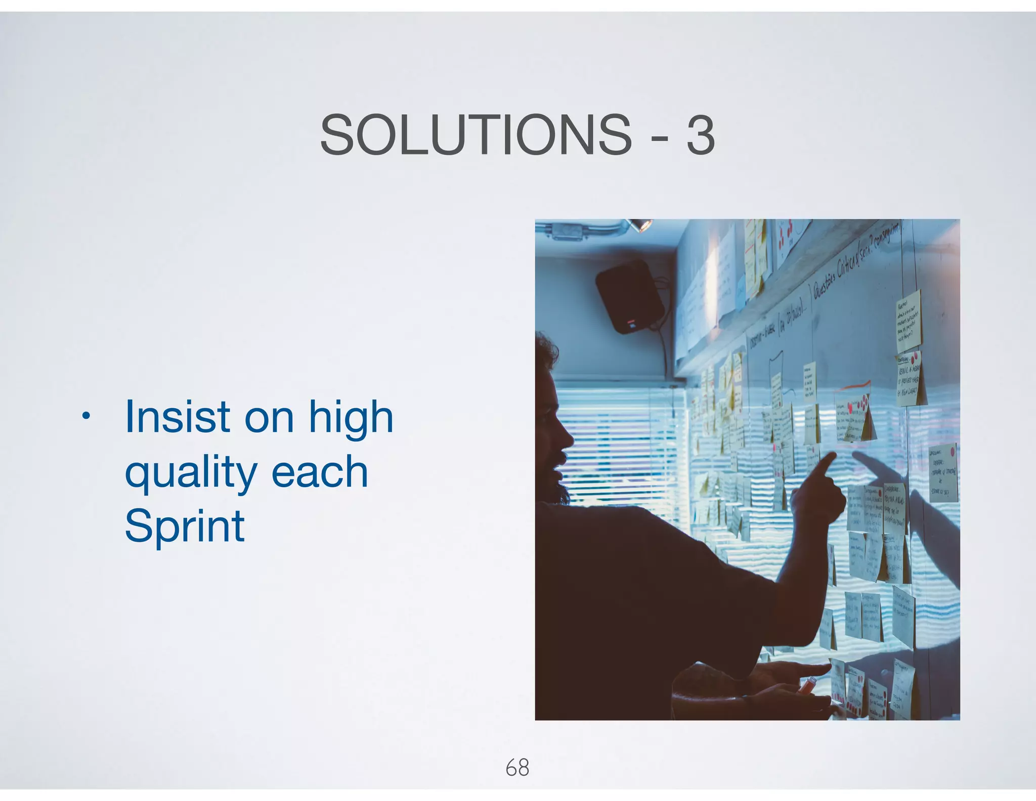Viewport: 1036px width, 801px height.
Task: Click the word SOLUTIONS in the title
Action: (x=476, y=135)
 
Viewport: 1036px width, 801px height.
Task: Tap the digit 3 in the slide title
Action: (x=701, y=135)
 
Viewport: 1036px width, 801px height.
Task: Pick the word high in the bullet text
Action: (x=351, y=418)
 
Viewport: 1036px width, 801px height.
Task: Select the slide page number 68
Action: (x=517, y=768)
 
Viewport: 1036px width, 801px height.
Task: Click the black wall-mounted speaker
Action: (x=629, y=296)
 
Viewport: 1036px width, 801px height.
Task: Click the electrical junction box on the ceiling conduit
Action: (x=567, y=232)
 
